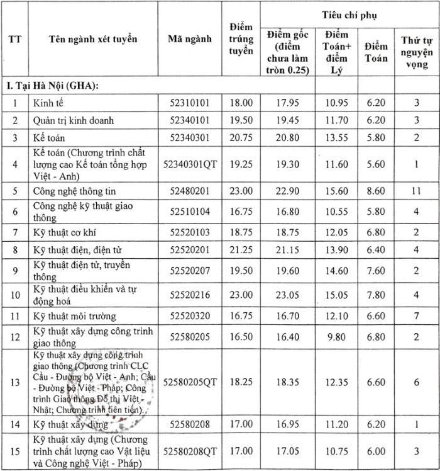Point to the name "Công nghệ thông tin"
tap(74, 190)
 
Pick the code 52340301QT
tap(190, 163)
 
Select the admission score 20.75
tap(241, 137)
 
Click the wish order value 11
tap(416, 190)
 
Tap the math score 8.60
tap(377, 190)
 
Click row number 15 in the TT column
tap(13, 451)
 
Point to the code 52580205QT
tap(190, 382)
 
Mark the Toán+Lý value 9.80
tap(338, 338)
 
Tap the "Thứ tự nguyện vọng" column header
tap(416, 52)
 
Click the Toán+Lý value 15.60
tap(338, 190)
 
